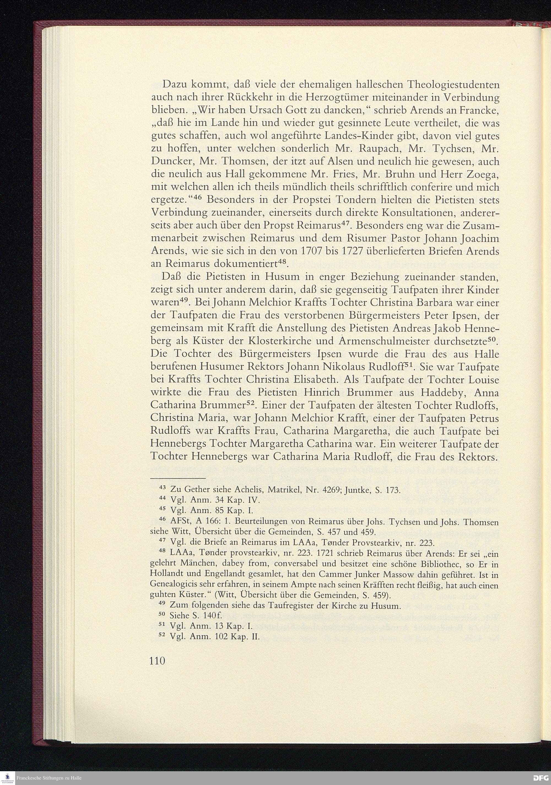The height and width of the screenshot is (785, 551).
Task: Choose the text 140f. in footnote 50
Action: coord(212,616)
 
